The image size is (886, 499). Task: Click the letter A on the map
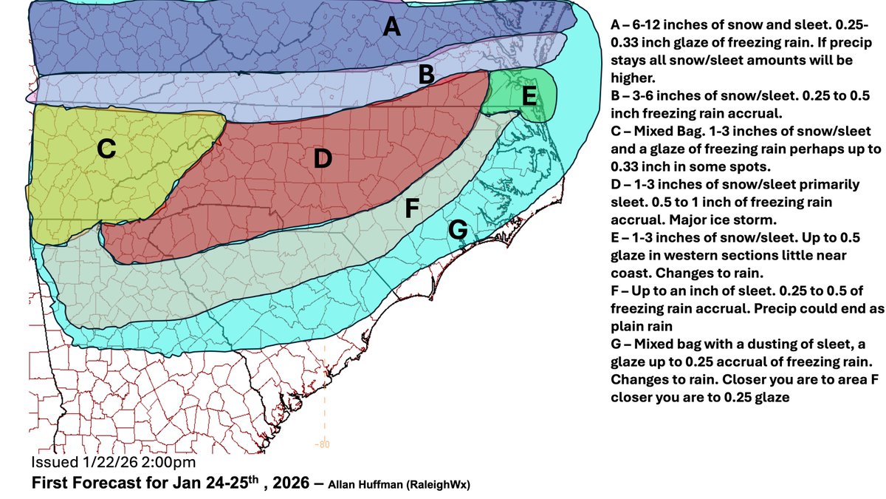(x=392, y=27)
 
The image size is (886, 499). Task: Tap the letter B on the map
(x=426, y=74)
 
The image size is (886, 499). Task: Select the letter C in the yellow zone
(x=106, y=149)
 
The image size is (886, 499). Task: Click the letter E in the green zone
(x=530, y=95)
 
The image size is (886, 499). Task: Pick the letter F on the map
(x=413, y=209)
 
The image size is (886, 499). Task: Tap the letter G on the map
(x=458, y=231)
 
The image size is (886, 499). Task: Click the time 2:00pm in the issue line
(x=171, y=463)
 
